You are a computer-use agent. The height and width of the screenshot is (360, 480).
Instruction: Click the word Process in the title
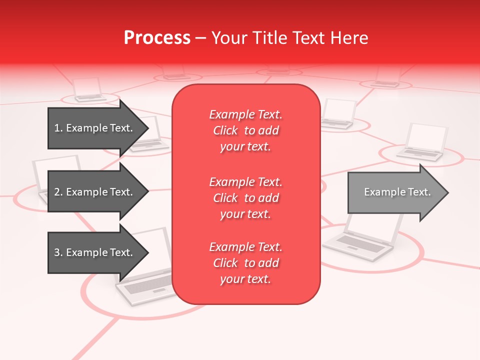point(157,38)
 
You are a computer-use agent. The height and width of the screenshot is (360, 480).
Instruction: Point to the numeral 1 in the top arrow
point(57,128)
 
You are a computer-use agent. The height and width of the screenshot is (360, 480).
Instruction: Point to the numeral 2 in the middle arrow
point(57,192)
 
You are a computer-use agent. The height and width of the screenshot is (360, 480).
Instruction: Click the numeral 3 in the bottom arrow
point(57,252)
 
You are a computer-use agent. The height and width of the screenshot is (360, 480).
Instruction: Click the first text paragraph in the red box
point(245,130)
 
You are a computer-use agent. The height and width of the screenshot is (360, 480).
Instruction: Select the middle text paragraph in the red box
point(245,198)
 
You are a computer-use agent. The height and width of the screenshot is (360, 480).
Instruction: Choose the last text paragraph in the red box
point(245,263)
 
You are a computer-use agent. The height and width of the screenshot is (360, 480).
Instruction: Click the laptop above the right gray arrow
point(422,142)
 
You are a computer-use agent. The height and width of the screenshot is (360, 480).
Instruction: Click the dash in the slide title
point(200,38)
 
